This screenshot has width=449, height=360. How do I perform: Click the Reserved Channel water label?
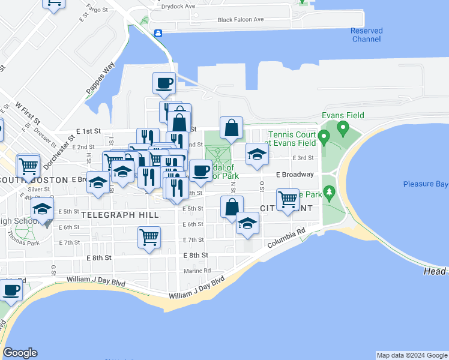[366, 35]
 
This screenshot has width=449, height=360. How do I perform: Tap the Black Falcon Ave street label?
[241, 20]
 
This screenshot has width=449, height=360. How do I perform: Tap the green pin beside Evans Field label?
[343, 127]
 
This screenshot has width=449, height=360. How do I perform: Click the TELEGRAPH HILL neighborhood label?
[120, 214]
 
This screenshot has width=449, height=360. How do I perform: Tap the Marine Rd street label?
[197, 270]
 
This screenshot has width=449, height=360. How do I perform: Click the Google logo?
[20, 353]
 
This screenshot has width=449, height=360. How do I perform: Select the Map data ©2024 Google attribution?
[412, 355]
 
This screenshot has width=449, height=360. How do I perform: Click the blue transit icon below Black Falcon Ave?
[157, 34]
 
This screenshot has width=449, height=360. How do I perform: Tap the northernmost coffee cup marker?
[163, 83]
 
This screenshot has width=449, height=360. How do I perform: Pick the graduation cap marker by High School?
[43, 210]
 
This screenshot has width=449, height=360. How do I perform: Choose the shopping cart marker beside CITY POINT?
[288, 199]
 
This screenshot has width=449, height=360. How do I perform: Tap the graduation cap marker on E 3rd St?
[257, 154]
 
